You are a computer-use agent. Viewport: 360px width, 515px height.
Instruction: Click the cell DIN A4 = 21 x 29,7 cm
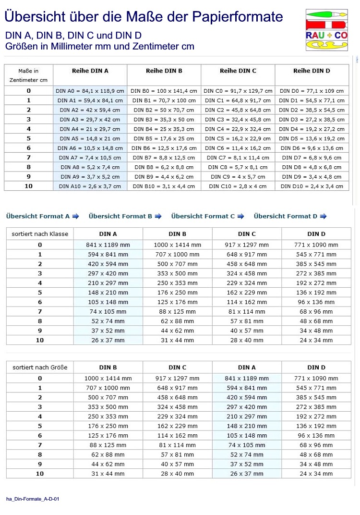(x=90, y=129)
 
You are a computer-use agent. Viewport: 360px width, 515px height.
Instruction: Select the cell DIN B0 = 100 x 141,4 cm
(x=164, y=90)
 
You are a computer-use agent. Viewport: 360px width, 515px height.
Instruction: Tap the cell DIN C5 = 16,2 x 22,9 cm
(x=238, y=138)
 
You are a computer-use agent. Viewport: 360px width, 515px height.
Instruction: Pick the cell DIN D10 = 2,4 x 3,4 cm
(x=312, y=186)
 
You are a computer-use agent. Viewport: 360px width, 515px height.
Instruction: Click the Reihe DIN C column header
(x=238, y=71)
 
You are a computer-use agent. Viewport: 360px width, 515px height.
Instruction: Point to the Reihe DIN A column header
(x=90, y=71)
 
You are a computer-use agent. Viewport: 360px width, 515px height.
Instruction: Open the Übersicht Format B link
(x=120, y=216)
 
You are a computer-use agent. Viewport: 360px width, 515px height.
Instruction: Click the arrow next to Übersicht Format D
(x=323, y=216)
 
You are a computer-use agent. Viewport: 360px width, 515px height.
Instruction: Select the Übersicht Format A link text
(x=38, y=216)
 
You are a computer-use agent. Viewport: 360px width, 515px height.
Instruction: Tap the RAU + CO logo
(x=327, y=29)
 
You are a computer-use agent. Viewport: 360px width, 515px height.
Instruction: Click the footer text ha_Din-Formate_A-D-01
(x=33, y=499)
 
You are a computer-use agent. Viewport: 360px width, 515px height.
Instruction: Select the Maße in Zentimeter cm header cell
(x=29, y=75)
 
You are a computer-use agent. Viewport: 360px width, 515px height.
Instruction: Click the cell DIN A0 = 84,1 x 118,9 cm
(x=90, y=90)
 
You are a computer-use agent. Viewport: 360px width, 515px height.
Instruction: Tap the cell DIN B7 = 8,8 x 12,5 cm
(x=164, y=158)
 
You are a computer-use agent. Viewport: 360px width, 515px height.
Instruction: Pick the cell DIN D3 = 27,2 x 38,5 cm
(x=312, y=119)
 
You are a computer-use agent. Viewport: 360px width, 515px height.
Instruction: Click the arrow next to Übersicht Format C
(x=240, y=216)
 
